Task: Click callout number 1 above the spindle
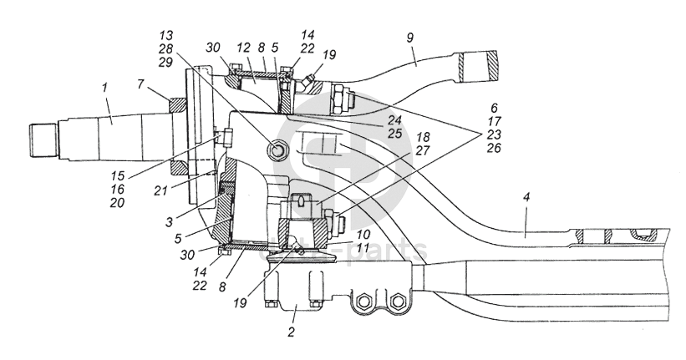coord(104,88)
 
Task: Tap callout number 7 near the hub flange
coord(140,84)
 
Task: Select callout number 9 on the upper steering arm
coord(409,38)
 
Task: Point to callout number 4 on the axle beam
coord(526,197)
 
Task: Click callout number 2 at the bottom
coord(292,332)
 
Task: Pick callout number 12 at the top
coord(243,48)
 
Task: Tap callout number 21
coord(160,190)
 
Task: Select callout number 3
coord(169,222)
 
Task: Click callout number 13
coord(166,35)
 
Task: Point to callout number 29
coord(166,62)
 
